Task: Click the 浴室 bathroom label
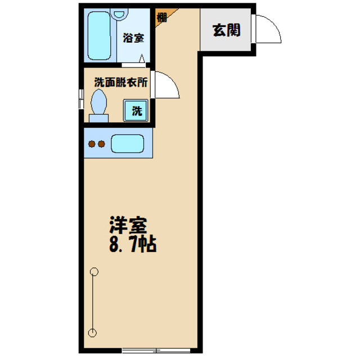(133, 38)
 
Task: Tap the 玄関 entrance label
(226, 30)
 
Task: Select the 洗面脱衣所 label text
(120, 82)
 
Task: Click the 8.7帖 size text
(132, 245)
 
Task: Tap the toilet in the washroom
(99, 104)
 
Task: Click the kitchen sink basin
(128, 144)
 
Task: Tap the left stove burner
(92, 144)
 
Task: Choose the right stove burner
(101, 144)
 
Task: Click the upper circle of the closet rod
(93, 273)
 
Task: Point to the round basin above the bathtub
(120, 15)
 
